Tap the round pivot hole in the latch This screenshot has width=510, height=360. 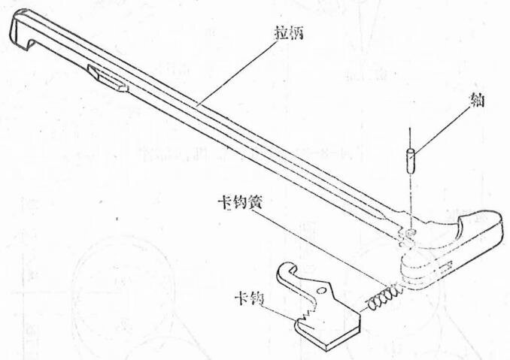click(x=326, y=289)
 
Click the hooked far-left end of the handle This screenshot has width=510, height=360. click(x=21, y=34)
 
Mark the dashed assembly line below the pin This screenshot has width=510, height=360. click(x=409, y=199)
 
